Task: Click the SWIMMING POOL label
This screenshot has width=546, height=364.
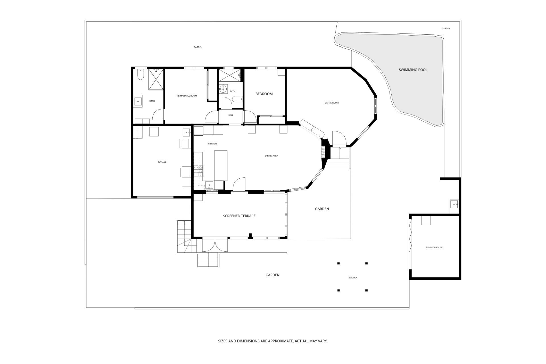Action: [x=413, y=70]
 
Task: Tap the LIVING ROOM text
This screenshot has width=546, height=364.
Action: [x=332, y=103]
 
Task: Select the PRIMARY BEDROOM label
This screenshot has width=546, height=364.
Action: [x=187, y=96]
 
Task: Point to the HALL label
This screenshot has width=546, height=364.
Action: [x=230, y=115]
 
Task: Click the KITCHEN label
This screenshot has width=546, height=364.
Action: [x=212, y=144]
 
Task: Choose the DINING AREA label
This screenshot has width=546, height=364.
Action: [x=272, y=156]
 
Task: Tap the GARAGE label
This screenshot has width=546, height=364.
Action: [x=162, y=162]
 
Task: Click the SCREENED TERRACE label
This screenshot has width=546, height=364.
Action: [x=239, y=216]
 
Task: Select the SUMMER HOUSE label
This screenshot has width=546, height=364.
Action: [x=434, y=247]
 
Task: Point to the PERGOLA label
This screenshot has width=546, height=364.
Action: [x=352, y=278]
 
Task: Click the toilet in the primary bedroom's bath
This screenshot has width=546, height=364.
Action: [x=140, y=75]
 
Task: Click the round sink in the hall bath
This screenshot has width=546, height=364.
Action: [x=223, y=89]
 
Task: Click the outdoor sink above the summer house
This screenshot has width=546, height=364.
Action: [x=454, y=204]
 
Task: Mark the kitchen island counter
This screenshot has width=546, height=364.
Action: [x=221, y=166]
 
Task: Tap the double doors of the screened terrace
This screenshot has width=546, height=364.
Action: [x=215, y=245]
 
